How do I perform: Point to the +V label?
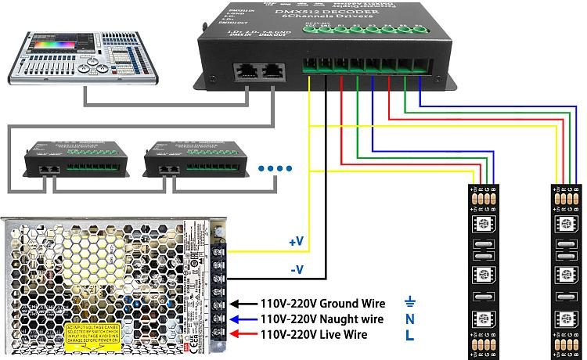tap(296, 243)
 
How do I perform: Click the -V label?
tap(296, 271)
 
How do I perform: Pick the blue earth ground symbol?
tap(409, 302)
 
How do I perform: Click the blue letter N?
tap(409, 319)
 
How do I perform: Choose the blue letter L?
tap(409, 336)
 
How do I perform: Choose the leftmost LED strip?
tap(482, 271)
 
